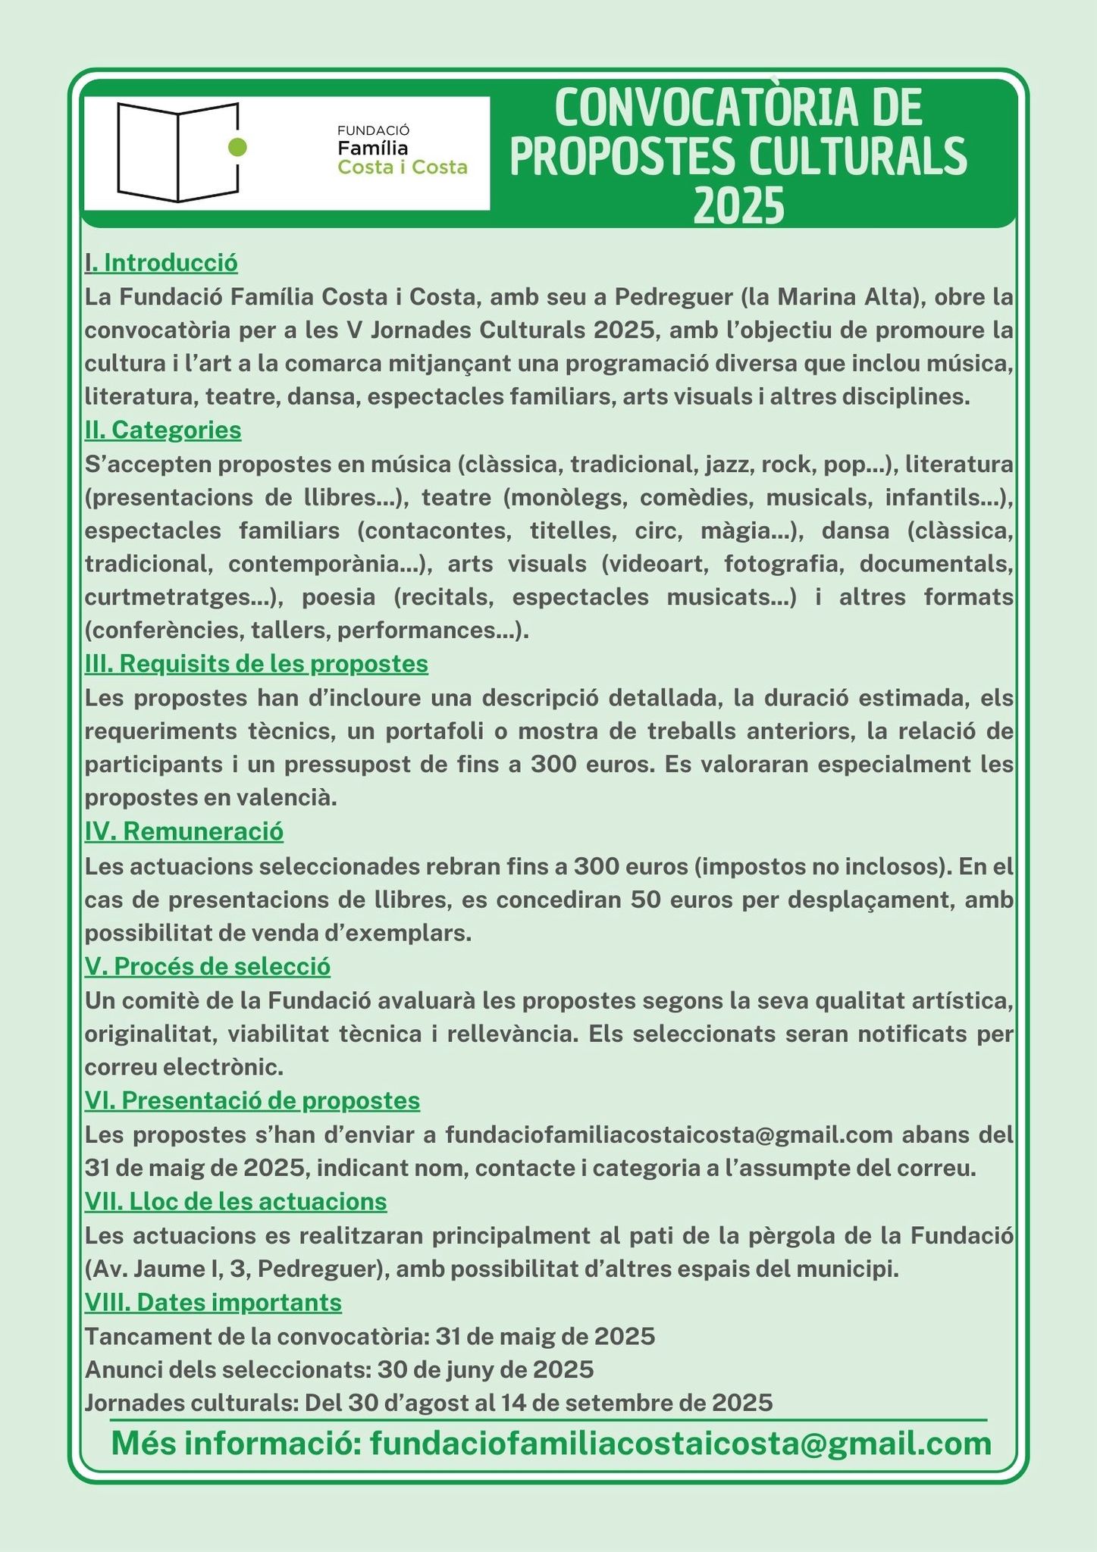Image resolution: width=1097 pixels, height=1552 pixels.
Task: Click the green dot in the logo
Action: click(x=237, y=147)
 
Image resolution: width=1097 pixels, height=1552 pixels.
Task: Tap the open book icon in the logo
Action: click(x=177, y=152)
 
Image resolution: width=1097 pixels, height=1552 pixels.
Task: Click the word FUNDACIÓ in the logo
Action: click(x=373, y=130)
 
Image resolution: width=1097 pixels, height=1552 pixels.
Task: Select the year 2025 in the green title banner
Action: click(x=739, y=206)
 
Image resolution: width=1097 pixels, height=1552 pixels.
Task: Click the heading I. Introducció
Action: click(x=161, y=263)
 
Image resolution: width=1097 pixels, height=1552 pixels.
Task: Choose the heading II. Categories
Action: click(x=163, y=430)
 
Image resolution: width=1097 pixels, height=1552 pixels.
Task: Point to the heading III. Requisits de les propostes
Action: click(x=256, y=664)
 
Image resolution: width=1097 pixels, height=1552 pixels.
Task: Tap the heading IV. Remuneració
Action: click(x=184, y=831)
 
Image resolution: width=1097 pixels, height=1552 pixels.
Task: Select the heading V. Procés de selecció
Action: click(x=208, y=967)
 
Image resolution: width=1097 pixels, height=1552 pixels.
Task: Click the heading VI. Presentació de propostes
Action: click(x=252, y=1100)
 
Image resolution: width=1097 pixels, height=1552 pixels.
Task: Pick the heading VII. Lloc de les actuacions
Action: click(x=236, y=1201)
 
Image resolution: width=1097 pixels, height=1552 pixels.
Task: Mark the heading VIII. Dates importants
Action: click(x=213, y=1303)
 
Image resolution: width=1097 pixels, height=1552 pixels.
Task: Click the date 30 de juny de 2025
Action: click(x=485, y=1369)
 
